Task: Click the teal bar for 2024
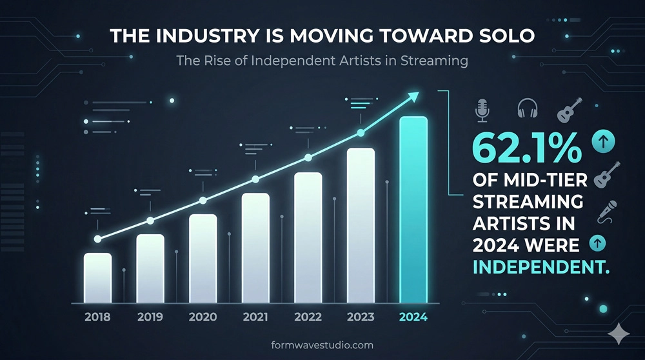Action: click(413, 210)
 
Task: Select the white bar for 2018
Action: click(97, 277)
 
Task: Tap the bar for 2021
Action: click(255, 248)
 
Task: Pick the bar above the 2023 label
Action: click(361, 225)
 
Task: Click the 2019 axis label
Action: click(150, 317)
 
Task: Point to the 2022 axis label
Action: click(308, 317)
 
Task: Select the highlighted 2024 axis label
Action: click(413, 317)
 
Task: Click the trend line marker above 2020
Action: click(203, 200)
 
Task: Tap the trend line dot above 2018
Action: click(97, 239)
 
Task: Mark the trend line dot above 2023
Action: click(361, 134)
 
